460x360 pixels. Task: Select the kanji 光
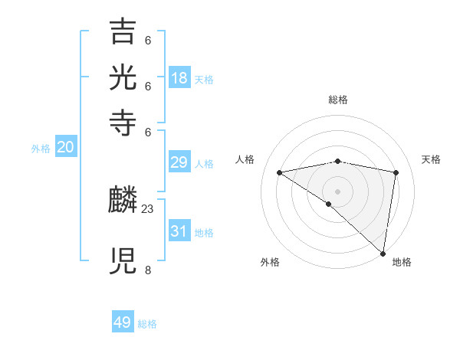[x=123, y=78]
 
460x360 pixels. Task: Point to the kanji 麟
[x=123, y=201]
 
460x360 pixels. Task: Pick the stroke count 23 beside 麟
[x=148, y=208]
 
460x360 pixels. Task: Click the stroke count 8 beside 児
[x=147, y=270]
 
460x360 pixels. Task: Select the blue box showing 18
[x=179, y=78]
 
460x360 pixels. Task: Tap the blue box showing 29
[x=179, y=163]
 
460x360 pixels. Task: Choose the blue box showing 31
[x=179, y=231]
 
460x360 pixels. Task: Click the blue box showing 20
[x=66, y=148]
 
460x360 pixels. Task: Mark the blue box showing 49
[x=123, y=322]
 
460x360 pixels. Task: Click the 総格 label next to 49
[x=148, y=324]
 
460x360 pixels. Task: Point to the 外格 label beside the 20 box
[x=41, y=149]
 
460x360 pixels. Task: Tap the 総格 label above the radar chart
[x=338, y=100]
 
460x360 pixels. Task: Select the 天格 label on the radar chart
[x=431, y=159]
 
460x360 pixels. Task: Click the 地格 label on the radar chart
[x=402, y=262]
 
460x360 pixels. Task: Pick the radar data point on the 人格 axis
[x=279, y=172]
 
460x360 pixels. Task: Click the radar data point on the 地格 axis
[x=383, y=253]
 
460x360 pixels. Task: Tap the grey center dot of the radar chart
[x=338, y=191]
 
